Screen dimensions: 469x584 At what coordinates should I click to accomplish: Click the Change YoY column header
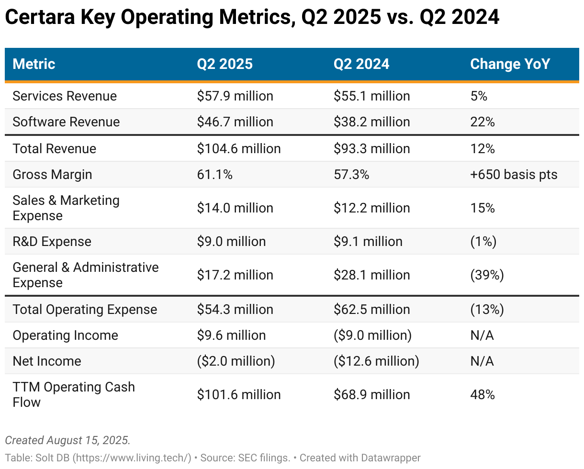pos(510,64)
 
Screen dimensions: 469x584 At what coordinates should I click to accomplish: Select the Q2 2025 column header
pos(225,64)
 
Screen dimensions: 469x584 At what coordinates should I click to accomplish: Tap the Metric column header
pos(34,64)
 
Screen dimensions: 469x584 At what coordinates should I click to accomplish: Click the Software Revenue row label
pos(66,122)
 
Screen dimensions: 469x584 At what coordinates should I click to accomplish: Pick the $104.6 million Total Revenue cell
pos(239,149)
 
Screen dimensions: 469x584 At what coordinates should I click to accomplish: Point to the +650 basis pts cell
pos(514,175)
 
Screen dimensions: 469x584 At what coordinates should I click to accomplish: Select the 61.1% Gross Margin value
pos(214,175)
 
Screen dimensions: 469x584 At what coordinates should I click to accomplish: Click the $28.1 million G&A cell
pos(371,275)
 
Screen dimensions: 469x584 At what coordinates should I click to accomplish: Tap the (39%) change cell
pos(487,275)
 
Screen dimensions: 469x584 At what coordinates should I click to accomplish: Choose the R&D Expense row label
pos(52,242)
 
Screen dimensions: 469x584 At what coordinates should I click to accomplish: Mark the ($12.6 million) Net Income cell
pos(376,361)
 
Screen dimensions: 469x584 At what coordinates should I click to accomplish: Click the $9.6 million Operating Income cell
pos(231,335)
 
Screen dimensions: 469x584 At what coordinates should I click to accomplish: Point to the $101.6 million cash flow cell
pos(239,395)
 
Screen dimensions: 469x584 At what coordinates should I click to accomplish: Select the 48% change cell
pos(482,395)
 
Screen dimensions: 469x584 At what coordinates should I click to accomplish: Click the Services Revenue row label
pos(65,96)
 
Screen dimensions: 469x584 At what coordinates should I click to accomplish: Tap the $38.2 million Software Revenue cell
pos(371,122)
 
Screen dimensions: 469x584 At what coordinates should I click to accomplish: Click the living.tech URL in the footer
pos(132,458)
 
